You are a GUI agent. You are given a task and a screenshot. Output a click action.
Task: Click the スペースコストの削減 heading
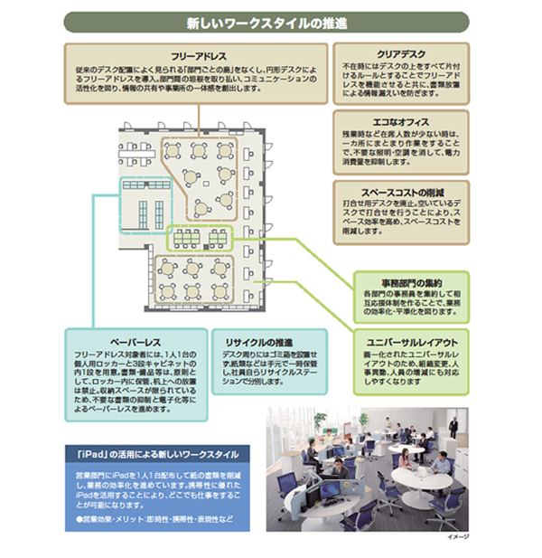click(401, 193)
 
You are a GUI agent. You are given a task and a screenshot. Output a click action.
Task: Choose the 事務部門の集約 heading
click(411, 282)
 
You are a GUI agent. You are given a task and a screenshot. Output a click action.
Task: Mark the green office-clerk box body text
click(411, 301)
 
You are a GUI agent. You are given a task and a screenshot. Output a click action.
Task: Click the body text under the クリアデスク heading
click(401, 80)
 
